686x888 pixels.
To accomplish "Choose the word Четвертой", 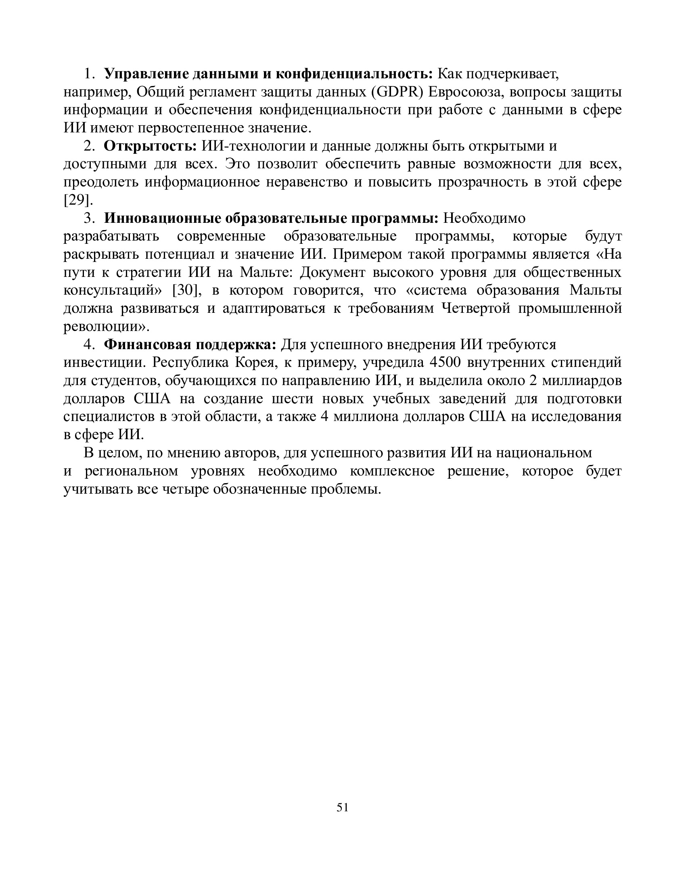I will pos(476,308).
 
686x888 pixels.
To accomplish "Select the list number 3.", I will pos(89,218).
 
